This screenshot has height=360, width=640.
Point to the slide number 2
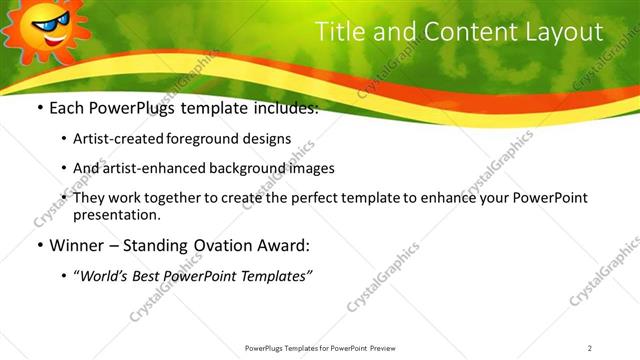point(590,347)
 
